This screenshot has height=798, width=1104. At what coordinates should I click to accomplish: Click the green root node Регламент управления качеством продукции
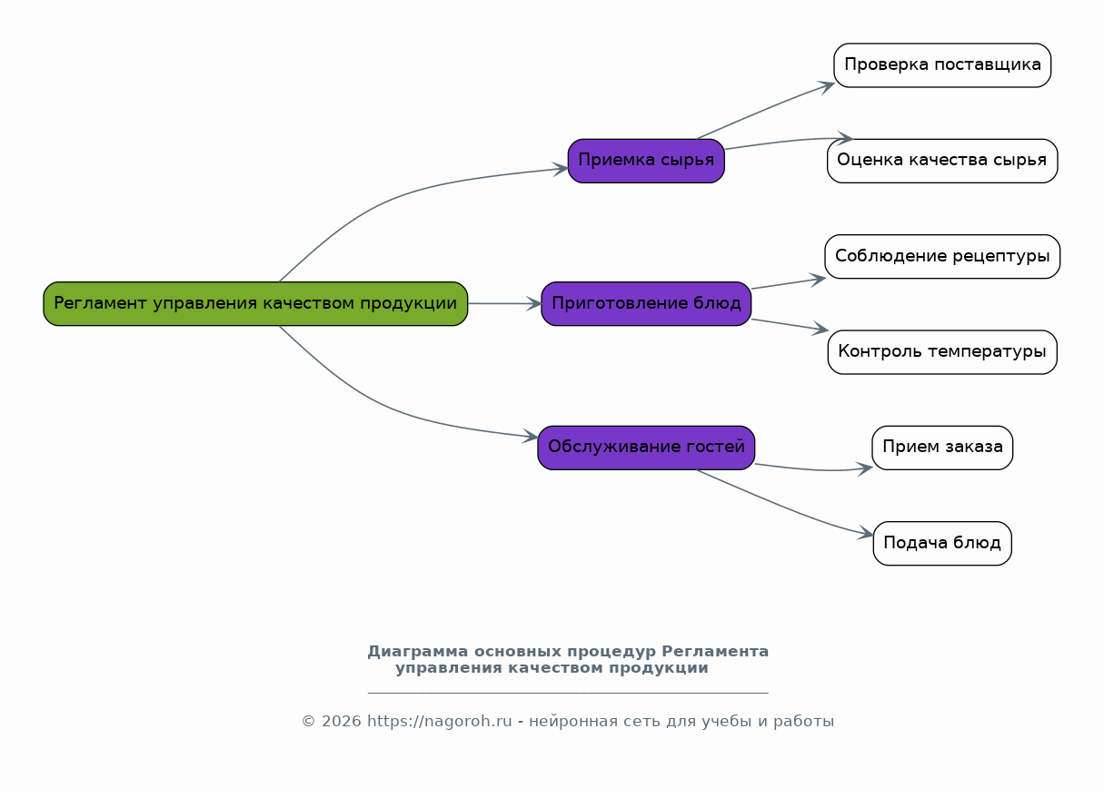click(255, 304)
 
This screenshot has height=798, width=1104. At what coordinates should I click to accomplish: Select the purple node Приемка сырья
click(646, 161)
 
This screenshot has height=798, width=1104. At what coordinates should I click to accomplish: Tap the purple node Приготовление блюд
click(646, 304)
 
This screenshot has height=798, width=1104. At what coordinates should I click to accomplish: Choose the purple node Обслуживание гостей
click(646, 448)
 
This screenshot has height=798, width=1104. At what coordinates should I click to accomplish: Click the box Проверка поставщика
click(942, 65)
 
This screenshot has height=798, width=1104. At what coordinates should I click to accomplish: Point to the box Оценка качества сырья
click(942, 161)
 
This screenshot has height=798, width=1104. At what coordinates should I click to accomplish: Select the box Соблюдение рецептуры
click(942, 257)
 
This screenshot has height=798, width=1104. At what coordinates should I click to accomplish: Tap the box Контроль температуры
click(942, 352)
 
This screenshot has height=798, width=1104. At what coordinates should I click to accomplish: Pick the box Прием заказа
click(942, 448)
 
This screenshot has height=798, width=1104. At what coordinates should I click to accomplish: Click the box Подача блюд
click(942, 544)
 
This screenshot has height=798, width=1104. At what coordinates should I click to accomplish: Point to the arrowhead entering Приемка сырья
click(562, 169)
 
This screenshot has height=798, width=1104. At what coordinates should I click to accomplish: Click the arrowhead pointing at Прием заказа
click(865, 468)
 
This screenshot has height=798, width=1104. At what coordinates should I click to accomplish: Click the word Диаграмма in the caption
click(418, 651)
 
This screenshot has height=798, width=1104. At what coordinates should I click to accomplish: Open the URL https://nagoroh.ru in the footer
click(440, 721)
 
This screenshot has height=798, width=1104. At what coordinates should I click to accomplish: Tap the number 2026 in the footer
click(342, 721)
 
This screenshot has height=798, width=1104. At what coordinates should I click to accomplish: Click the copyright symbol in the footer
click(309, 721)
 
